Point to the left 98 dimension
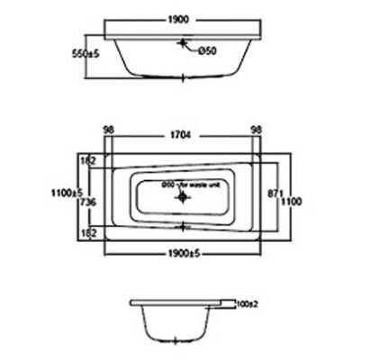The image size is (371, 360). tap(110, 130)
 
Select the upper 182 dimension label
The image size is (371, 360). tap(88, 159)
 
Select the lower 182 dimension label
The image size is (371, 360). tap(88, 232)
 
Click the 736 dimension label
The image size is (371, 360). tap(88, 202)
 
